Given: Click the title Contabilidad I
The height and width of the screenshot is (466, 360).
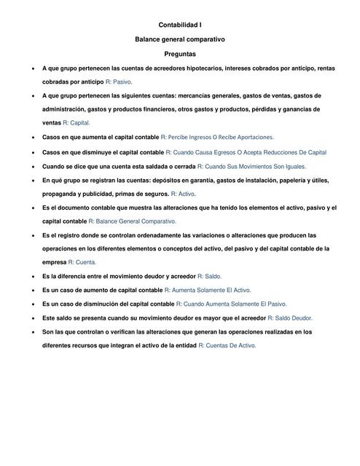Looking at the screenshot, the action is click(x=180, y=25).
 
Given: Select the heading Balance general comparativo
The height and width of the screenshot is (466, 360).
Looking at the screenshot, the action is click(x=180, y=39).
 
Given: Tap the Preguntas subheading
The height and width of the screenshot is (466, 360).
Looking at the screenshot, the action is click(x=180, y=53).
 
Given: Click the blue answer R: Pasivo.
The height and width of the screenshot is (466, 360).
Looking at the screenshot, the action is click(x=119, y=82).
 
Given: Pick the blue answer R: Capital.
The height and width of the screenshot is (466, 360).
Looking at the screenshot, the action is click(x=77, y=123).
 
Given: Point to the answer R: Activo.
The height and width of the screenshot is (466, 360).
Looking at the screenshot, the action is click(x=183, y=194).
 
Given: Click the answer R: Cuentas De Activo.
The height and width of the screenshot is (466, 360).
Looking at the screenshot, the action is click(x=227, y=346).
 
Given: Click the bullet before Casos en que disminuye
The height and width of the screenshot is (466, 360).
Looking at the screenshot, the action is click(x=27, y=152).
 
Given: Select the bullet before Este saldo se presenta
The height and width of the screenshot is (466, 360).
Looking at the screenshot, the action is click(x=27, y=318).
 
